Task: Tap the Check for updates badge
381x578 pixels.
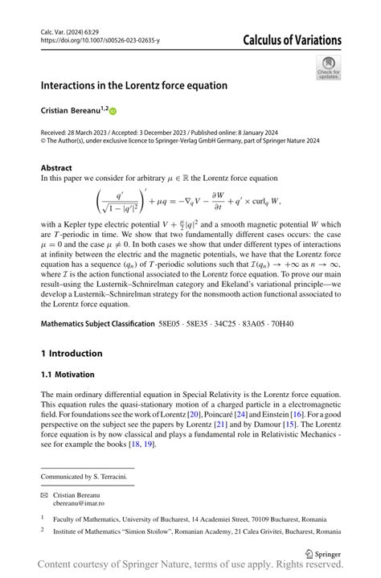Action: (328, 68)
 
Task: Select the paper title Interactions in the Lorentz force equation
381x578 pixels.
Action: (134, 85)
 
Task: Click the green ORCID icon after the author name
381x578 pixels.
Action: (113, 110)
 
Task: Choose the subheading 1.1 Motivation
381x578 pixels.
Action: (68, 375)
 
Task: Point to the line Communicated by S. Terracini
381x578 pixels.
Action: (84, 477)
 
